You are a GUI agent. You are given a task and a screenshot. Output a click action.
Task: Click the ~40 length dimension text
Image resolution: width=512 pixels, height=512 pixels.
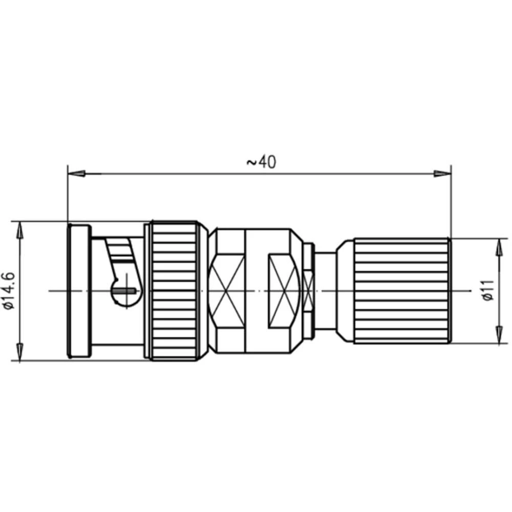point(261,162)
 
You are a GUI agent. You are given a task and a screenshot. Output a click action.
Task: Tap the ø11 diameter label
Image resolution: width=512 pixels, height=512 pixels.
point(489,290)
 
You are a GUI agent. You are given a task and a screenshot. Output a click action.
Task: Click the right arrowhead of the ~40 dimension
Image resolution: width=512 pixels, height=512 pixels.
point(442,174)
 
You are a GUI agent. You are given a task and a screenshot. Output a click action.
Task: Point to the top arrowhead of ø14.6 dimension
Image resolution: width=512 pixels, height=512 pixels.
point(19,230)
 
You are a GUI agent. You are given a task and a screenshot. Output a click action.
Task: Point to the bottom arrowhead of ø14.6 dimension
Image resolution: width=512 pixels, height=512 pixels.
point(19,352)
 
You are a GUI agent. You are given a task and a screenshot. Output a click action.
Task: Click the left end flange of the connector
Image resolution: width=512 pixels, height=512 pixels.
point(79,291)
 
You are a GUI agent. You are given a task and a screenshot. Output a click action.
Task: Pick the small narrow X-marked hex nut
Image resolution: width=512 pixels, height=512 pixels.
point(308,291)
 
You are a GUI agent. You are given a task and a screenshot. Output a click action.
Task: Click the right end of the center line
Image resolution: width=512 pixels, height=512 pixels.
point(470,291)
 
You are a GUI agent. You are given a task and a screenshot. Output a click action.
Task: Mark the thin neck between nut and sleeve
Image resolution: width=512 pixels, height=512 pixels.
point(326,291)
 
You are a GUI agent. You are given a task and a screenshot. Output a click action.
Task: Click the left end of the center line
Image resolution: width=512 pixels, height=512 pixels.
point(50,291)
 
